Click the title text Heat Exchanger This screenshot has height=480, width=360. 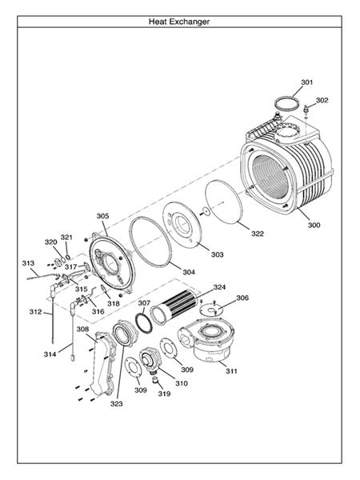click(x=179, y=22)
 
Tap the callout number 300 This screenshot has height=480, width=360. click(x=314, y=226)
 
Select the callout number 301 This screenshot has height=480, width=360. click(x=307, y=82)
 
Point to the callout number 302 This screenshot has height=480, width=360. click(x=322, y=100)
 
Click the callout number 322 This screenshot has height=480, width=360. click(x=258, y=234)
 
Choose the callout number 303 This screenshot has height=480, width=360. click(x=218, y=254)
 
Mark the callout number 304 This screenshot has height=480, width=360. click(x=189, y=272)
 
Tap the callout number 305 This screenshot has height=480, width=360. click(x=102, y=215)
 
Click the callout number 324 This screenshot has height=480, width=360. click(x=219, y=286)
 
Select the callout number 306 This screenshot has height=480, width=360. click(x=242, y=298)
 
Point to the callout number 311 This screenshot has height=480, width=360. click(x=232, y=371)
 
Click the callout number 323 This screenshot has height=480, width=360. click(x=117, y=404)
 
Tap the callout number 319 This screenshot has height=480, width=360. click(x=164, y=394)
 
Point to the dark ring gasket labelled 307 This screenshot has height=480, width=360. click(x=146, y=322)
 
